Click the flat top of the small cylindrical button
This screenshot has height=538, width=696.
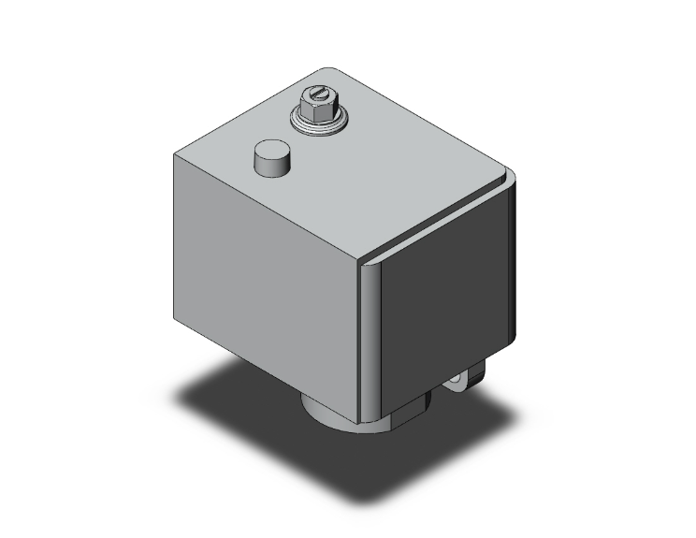coord(270,152)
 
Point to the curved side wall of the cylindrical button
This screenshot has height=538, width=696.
coord(270,166)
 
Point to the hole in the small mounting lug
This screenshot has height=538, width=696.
coord(457,382)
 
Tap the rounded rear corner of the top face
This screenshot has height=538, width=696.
coord(327,70)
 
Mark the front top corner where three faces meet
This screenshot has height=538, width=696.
coord(360,261)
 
